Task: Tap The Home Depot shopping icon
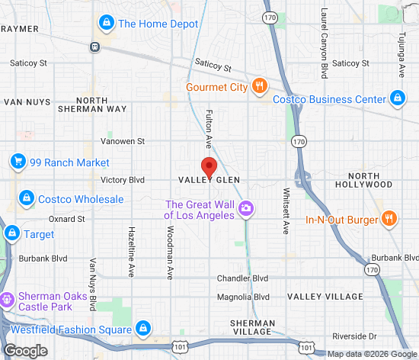[x=107, y=23]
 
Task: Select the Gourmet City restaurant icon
[x=259, y=86]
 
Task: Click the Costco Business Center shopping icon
[x=397, y=98]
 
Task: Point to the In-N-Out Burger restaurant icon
[x=389, y=220]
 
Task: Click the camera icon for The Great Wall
[x=245, y=208]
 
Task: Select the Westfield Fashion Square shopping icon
[x=142, y=329]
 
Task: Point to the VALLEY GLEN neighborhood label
[x=209, y=180]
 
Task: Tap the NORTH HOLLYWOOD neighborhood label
[x=373, y=181]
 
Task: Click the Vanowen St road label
[x=123, y=141]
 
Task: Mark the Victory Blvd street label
[x=123, y=180]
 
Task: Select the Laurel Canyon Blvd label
[x=324, y=43]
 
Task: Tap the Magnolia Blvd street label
[x=243, y=297]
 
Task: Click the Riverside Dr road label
[x=354, y=336]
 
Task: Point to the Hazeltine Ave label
[x=131, y=251]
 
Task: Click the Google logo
[x=25, y=350]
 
